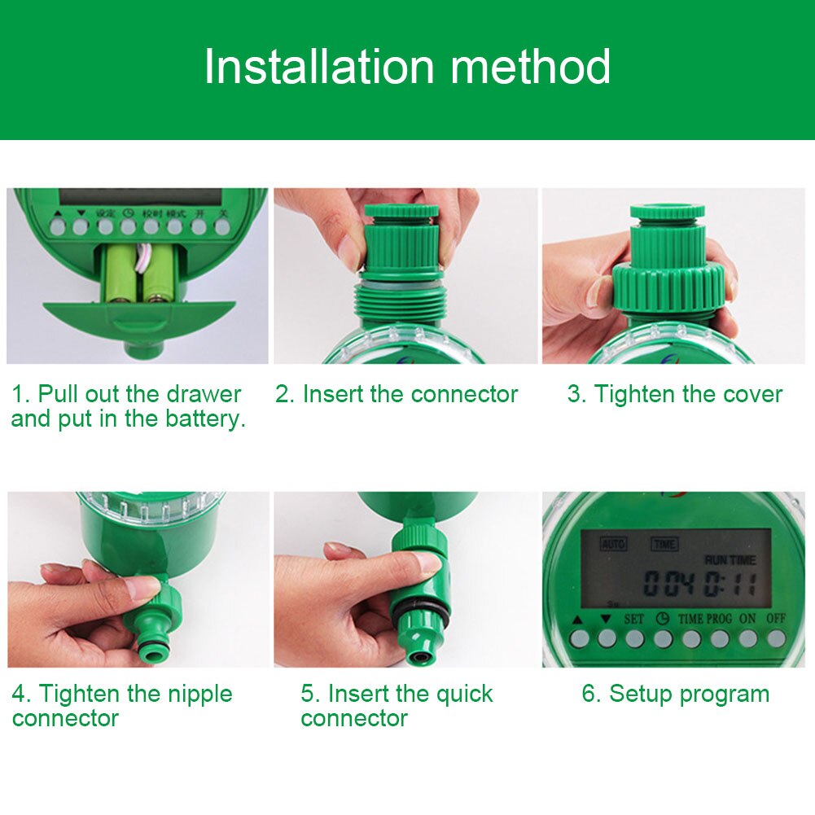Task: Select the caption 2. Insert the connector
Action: [397, 395]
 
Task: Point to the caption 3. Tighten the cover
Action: [674, 395]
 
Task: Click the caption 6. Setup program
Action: [675, 695]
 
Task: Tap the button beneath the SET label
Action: [634, 639]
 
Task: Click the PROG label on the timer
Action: [719, 619]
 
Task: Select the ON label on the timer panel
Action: [747, 619]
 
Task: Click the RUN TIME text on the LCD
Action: [730, 560]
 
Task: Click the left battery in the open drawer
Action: [120, 274]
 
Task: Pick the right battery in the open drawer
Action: [158, 274]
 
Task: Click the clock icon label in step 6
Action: [662, 619]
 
